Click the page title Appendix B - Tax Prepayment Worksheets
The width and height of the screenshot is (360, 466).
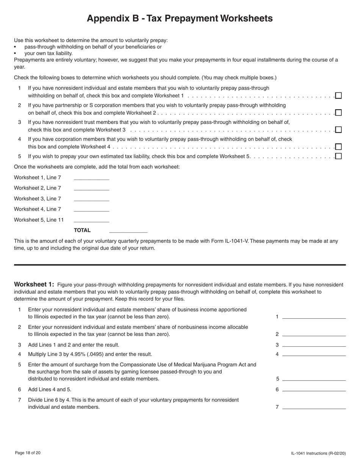coord(180,19)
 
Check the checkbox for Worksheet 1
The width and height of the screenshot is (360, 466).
coord(338,95)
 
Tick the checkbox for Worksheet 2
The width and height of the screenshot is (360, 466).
coord(338,113)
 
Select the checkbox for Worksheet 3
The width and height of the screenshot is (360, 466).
coord(338,130)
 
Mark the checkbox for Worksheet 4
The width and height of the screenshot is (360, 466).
coord(338,147)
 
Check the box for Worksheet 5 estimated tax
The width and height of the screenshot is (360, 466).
coord(338,156)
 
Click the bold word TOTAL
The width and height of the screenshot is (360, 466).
coord(82,230)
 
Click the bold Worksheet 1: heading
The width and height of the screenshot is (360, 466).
coord(34,285)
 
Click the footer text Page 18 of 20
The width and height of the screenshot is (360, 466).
coord(28,453)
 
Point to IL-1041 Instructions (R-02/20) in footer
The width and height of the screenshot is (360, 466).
coord(318,453)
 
